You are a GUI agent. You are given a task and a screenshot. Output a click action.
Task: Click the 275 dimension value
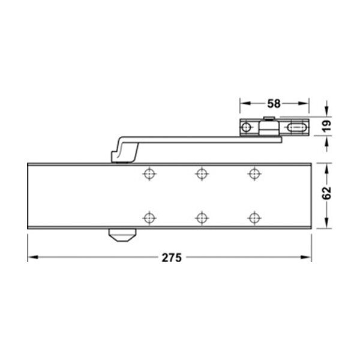click(172, 257)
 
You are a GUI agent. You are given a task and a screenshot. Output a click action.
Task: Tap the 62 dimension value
click(327, 193)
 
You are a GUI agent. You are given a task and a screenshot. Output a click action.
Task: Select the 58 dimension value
click(274, 104)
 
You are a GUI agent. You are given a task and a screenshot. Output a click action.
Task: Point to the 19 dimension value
click(327, 126)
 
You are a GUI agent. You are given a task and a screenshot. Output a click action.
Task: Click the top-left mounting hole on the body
click(149, 173)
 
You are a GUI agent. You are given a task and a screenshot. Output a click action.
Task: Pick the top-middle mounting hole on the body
click(202, 173)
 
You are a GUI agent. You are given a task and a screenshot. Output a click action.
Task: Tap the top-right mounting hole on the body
click(254, 173)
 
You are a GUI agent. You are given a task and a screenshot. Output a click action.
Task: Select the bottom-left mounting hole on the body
click(149, 217)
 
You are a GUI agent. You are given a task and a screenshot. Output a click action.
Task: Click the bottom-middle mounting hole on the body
click(202, 217)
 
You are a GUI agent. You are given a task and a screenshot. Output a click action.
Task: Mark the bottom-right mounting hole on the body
click(254, 217)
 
